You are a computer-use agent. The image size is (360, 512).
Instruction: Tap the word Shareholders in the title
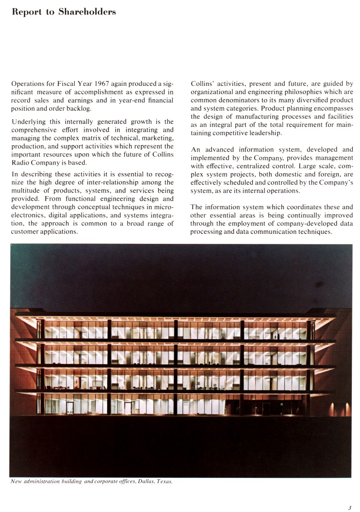click(x=87, y=12)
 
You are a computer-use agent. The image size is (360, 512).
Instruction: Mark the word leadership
click(x=263, y=133)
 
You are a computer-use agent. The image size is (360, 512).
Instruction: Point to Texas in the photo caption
click(x=164, y=481)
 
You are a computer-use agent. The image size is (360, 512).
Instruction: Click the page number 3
click(x=349, y=508)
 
